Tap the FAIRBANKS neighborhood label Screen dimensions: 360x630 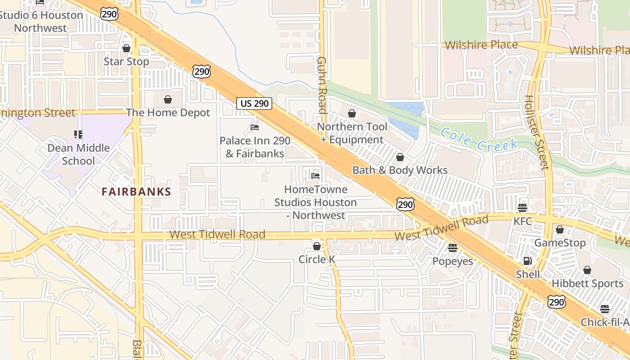pyautogui.click(x=136, y=192)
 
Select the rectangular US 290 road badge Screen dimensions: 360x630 pyautogui.click(x=255, y=103)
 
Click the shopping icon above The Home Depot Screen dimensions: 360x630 pyautogui.click(x=168, y=99)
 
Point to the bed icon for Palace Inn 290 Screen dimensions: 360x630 pyautogui.click(x=255, y=127)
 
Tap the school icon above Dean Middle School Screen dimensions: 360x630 pyautogui.click(x=78, y=134)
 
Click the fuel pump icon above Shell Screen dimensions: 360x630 pyautogui.click(x=527, y=261)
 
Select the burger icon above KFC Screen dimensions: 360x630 pyautogui.click(x=522, y=207)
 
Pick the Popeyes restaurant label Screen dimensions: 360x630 pyautogui.click(x=452, y=261)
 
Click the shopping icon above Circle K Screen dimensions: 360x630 pyautogui.click(x=317, y=246)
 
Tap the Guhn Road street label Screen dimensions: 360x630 pyautogui.click(x=321, y=85)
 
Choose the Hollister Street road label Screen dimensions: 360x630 pyautogui.click(x=537, y=133)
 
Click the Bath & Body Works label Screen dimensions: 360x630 pyautogui.click(x=400, y=170)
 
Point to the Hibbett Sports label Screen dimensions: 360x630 pyautogui.click(x=587, y=283)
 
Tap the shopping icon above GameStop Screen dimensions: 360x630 pyautogui.click(x=560, y=229)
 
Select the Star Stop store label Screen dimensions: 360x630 pyautogui.click(x=126, y=61)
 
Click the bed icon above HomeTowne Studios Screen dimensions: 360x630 pyautogui.click(x=315, y=175)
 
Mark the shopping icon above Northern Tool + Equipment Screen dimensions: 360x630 pyautogui.click(x=352, y=113)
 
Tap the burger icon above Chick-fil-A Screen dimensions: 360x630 pyautogui.click(x=605, y=309)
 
